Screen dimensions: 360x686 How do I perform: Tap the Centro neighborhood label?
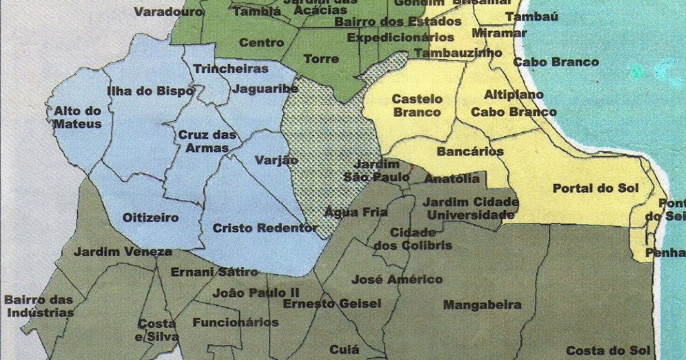coord(261,43)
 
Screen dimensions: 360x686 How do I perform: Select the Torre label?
coord(321,59)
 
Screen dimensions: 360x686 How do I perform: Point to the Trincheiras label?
coord(231,69)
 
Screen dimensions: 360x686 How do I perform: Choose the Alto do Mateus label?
coord(77,118)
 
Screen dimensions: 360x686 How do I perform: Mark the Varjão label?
coord(276,160)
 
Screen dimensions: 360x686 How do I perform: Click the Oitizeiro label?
coord(151,218)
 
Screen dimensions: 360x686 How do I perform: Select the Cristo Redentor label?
coord(265,228)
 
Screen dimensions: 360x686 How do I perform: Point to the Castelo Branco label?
coord(417,106)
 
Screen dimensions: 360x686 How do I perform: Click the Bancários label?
coord(470,151)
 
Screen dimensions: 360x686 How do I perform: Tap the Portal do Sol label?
coord(595,189)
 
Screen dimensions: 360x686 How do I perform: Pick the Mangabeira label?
coord(482,305)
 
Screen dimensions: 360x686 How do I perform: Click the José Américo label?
coord(397,279)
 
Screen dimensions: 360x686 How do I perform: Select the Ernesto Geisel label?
coord(332,303)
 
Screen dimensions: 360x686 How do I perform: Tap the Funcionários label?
coord(236,322)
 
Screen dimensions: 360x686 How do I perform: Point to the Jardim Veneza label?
coord(123,251)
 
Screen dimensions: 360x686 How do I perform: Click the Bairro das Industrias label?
coord(39,306)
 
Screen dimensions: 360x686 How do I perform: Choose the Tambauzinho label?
coord(457,53)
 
